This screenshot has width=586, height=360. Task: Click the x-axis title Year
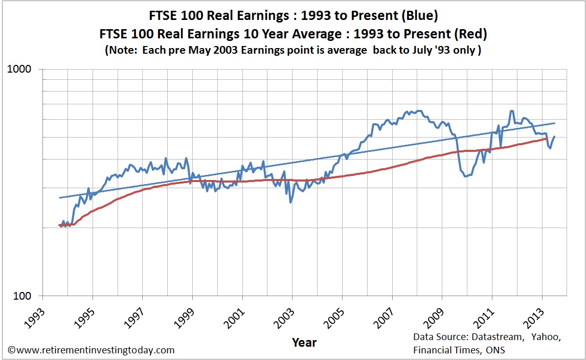click(x=304, y=342)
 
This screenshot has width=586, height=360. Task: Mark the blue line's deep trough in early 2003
click(x=290, y=202)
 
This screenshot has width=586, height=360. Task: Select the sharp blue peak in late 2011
click(x=511, y=110)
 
